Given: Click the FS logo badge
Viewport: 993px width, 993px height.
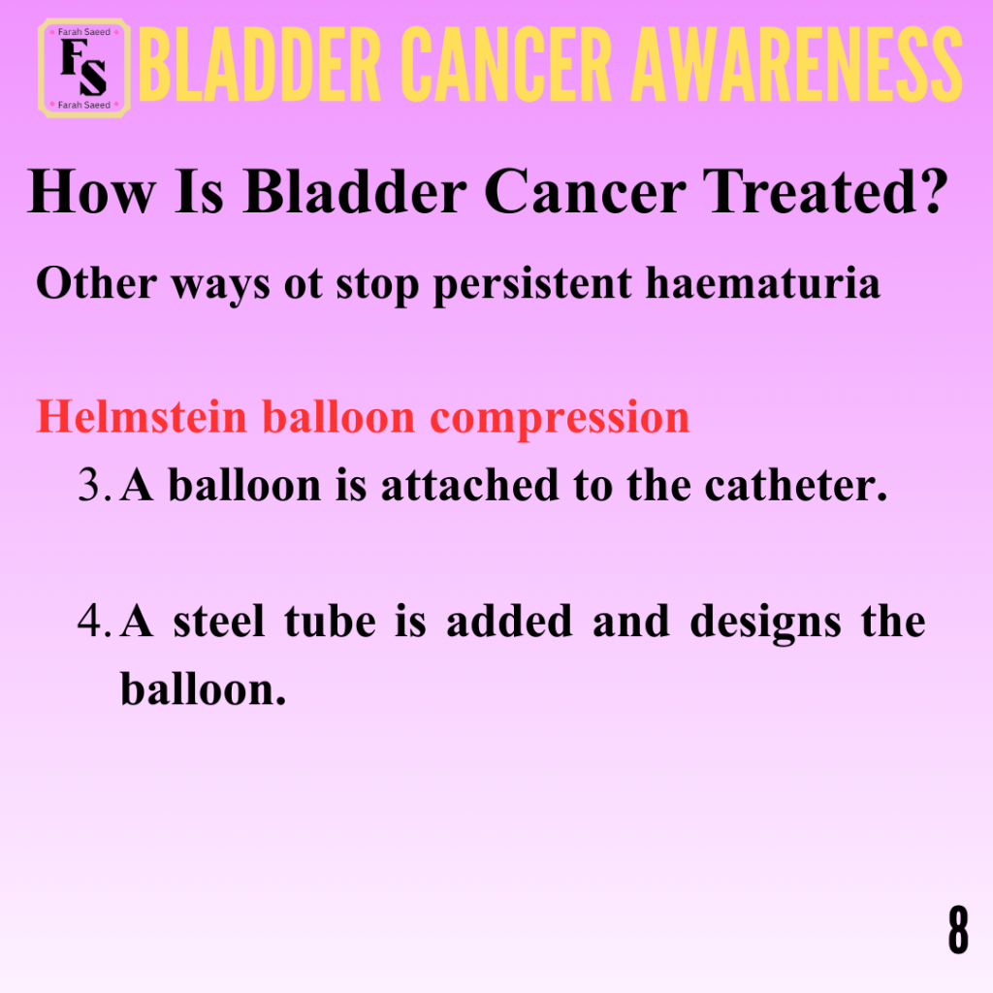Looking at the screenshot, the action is (x=84, y=69).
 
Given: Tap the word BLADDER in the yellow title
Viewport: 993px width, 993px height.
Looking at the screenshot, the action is (x=260, y=65).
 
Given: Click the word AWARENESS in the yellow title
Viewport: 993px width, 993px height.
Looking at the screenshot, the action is (x=797, y=65).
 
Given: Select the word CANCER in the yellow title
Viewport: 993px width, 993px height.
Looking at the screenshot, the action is (x=506, y=65).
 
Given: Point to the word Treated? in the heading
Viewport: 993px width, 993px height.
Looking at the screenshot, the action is (x=826, y=191).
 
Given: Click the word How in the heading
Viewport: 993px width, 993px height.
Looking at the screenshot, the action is (x=91, y=191).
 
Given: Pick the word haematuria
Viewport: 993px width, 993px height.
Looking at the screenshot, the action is (x=762, y=282).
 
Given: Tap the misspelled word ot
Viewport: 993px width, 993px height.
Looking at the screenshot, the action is (x=304, y=284).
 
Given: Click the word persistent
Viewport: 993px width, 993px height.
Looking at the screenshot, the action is (x=532, y=284).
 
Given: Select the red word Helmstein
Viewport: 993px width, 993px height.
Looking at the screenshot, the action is (x=142, y=417).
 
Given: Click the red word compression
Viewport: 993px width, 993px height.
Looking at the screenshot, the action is (x=560, y=419).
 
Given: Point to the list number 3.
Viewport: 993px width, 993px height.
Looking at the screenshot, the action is (x=95, y=486).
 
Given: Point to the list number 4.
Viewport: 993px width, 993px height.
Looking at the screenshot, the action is (x=95, y=622).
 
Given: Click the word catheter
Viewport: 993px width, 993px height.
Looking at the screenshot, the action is (x=796, y=486).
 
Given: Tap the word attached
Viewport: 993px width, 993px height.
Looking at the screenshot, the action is (x=470, y=486).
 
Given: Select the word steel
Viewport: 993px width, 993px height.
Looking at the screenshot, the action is (x=219, y=622).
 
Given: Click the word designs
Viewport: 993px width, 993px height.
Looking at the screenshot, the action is (x=766, y=624).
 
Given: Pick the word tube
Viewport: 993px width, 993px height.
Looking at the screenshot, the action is (x=330, y=622).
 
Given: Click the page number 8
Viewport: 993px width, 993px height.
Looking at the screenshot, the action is (x=958, y=929).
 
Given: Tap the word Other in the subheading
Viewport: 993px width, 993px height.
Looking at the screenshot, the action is (x=96, y=282).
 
